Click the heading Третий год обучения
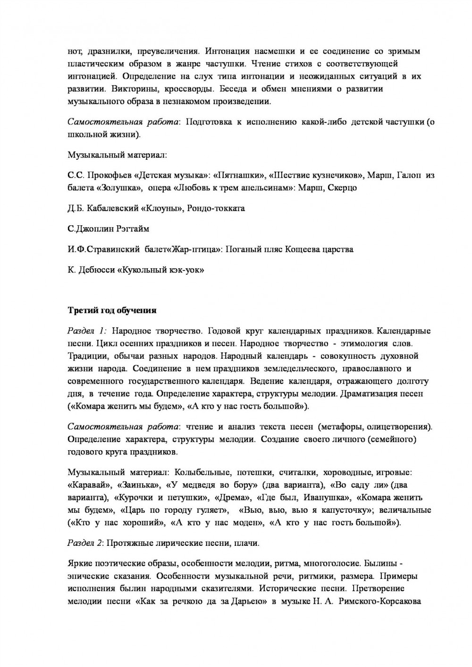pyautogui.click(x=112, y=311)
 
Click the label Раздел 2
pyautogui.click(x=85, y=543)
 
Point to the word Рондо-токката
pyautogui.click(x=216, y=208)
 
